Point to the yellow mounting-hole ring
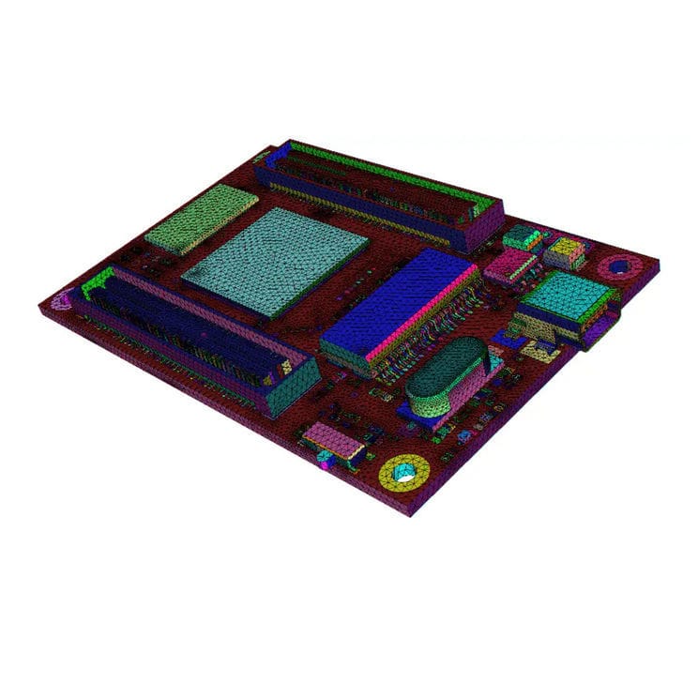[x=405, y=472]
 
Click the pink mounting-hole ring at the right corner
[x=617, y=267]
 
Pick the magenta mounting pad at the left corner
[x=62, y=300]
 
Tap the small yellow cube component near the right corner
[x=566, y=251]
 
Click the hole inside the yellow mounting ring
[x=405, y=473]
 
